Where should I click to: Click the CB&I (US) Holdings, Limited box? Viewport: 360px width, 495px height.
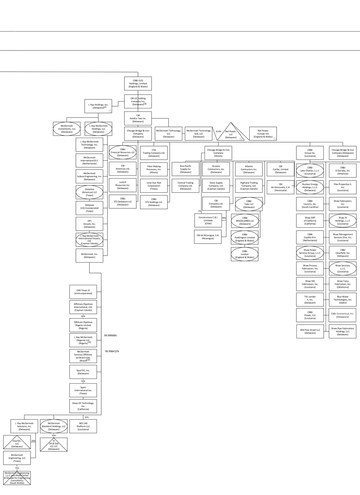click(x=138, y=83)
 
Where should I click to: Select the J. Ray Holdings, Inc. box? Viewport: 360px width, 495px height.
click(x=98, y=106)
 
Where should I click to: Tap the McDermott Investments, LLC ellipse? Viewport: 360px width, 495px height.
click(x=66, y=129)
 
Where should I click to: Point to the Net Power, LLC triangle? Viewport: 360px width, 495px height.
click(x=230, y=134)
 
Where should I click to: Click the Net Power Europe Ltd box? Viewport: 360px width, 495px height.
click(x=262, y=134)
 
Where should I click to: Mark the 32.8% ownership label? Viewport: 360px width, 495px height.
click(x=218, y=132)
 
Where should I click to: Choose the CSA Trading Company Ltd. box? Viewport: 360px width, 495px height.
click(x=154, y=153)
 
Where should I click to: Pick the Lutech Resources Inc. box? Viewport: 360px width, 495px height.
click(x=123, y=185)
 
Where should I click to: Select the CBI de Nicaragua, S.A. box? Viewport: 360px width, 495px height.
click(x=208, y=236)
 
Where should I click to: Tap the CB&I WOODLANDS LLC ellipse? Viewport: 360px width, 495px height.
click(x=245, y=220)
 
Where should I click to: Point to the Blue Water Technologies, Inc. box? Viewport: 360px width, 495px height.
click(x=342, y=299)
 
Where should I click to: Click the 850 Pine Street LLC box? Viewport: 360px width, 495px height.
click(x=310, y=331)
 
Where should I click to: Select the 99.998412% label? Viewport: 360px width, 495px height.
click(x=112, y=351)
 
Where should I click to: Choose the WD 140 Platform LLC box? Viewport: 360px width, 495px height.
click(x=83, y=426)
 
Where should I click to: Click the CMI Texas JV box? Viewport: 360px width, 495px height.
click(x=83, y=292)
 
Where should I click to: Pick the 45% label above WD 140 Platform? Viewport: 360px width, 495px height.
click(x=86, y=417)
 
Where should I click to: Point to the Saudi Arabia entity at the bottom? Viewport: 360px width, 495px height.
click(x=17, y=478)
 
